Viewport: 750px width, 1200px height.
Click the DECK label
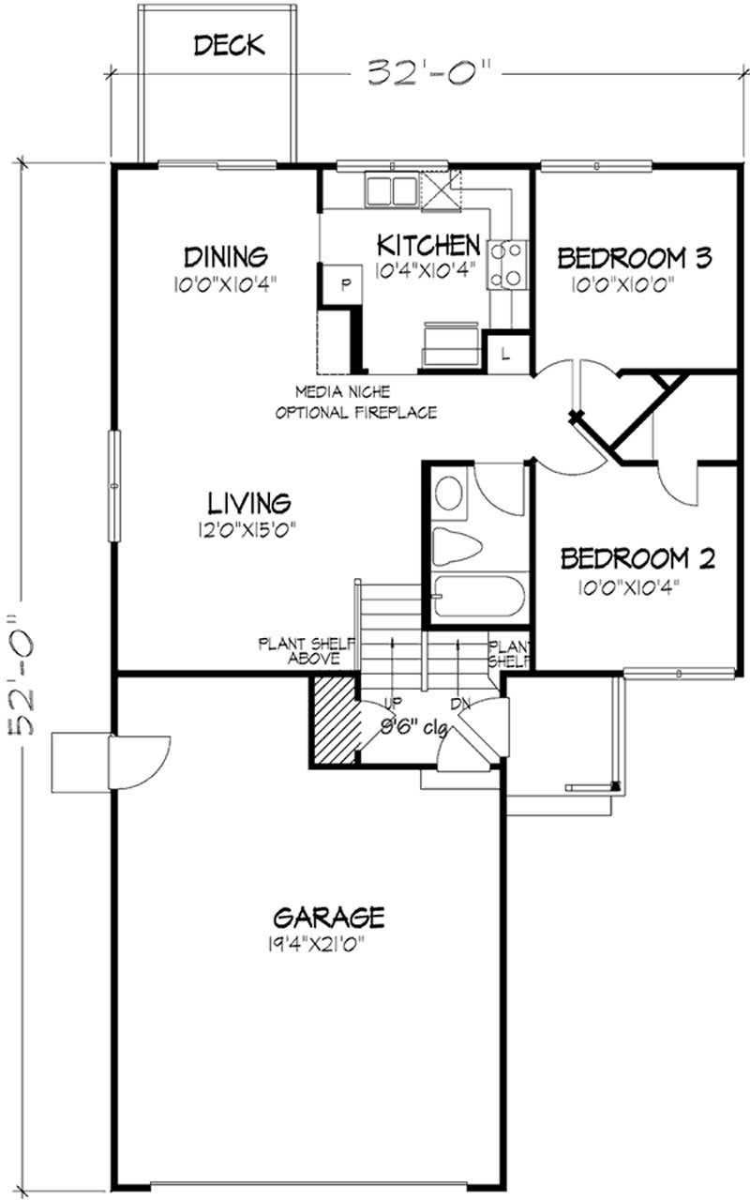pos(228,44)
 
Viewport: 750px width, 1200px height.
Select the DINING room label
pos(226,255)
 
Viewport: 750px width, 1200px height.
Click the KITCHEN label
pos(427,246)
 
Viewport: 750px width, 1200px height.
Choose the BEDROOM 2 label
pos(637,559)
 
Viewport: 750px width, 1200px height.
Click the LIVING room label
pos(247,501)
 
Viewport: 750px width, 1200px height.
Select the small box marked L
pos(504,354)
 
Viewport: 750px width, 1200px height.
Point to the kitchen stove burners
pos(507,263)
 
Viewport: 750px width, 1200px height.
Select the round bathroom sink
pos(451,494)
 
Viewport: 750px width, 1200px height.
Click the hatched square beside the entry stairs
pos(336,718)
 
